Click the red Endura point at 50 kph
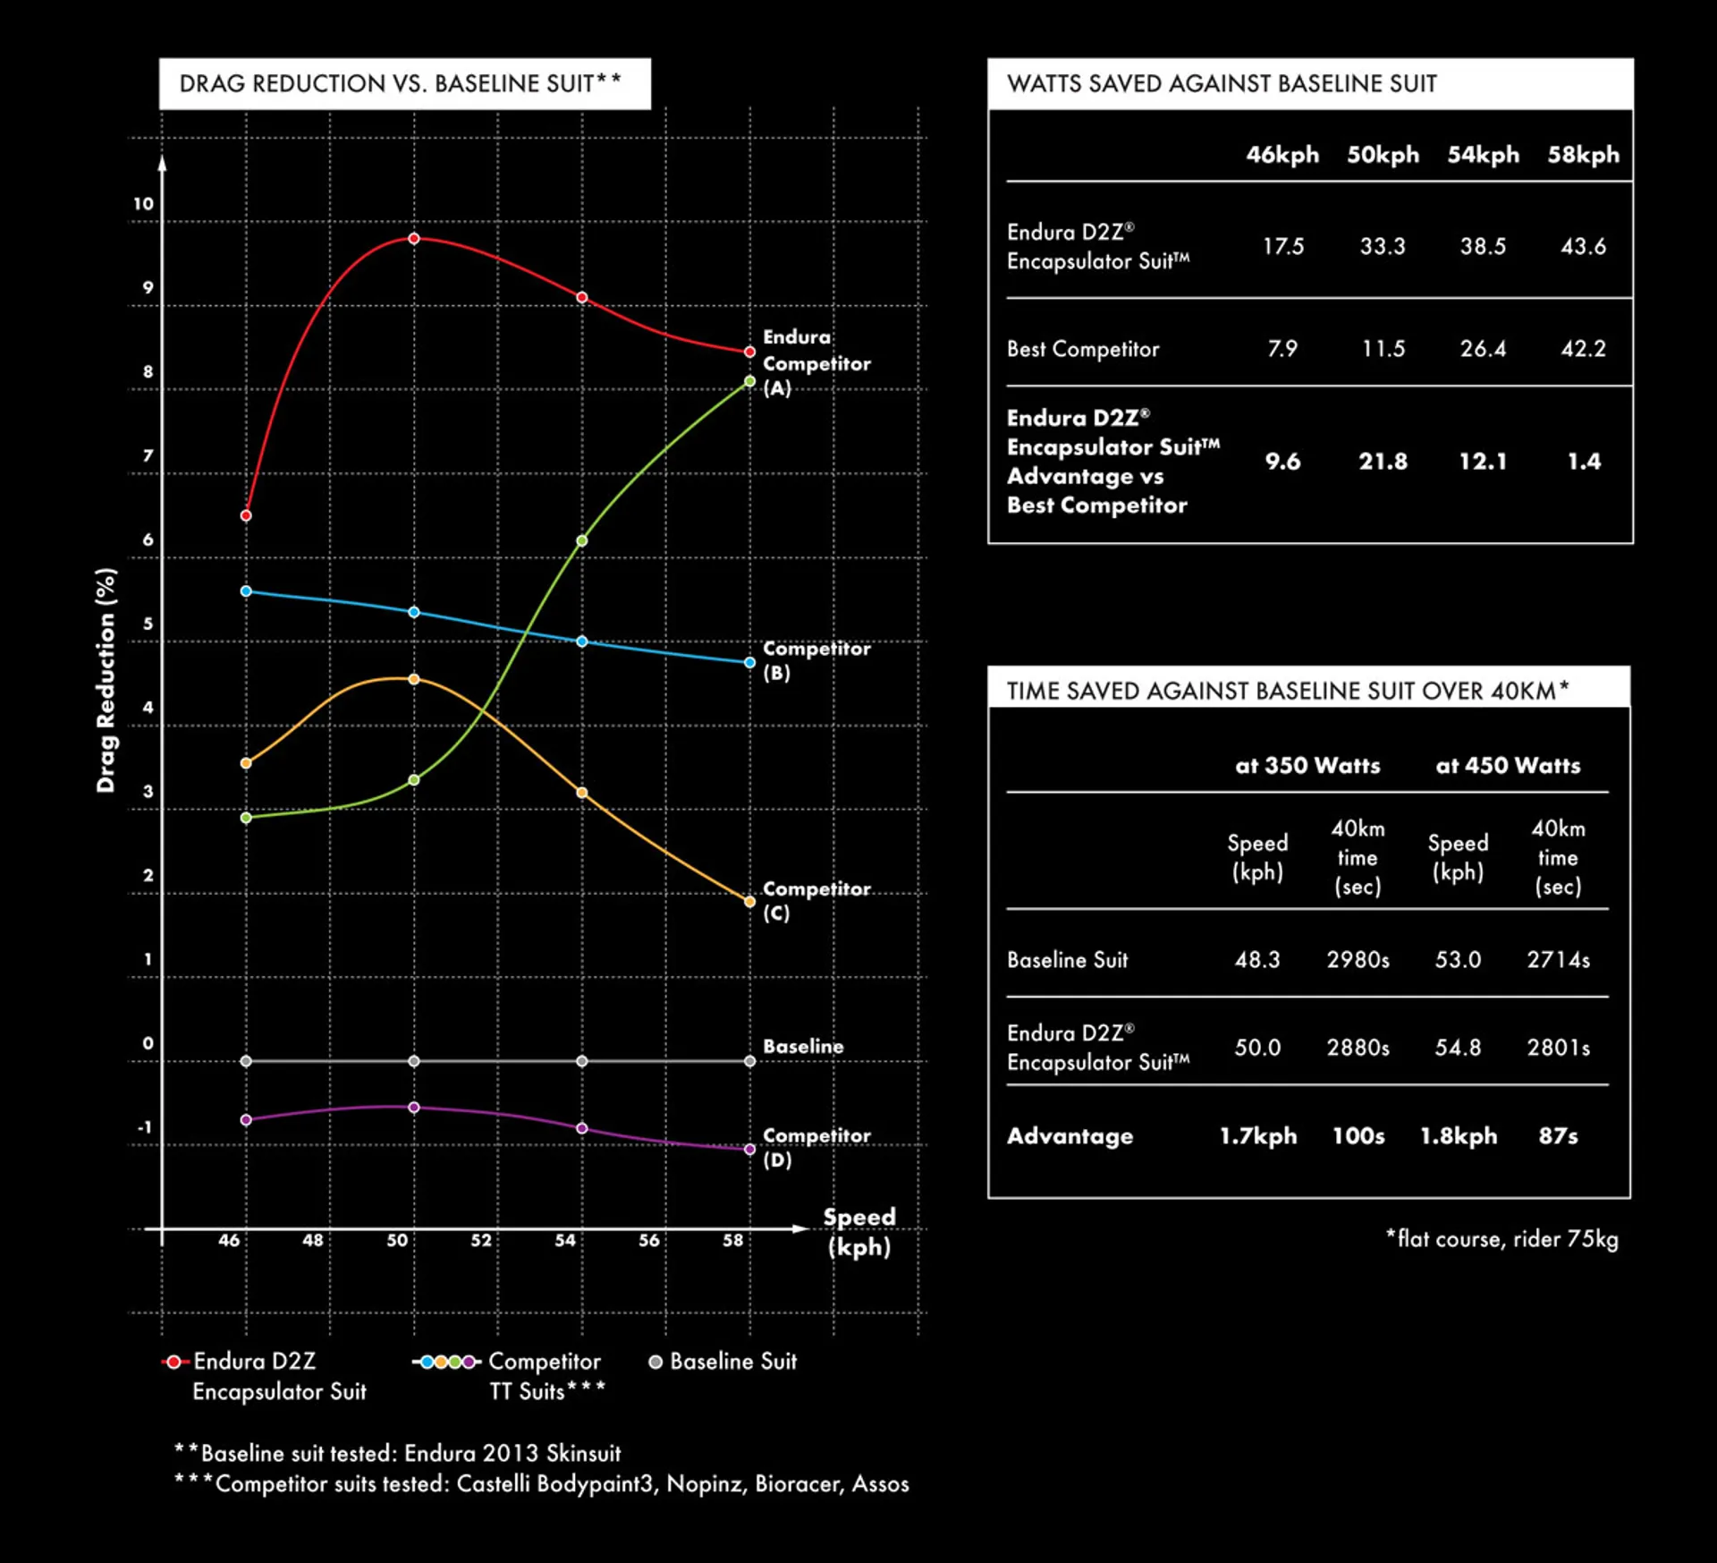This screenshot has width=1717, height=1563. pos(414,239)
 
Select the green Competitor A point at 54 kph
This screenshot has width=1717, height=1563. pos(582,540)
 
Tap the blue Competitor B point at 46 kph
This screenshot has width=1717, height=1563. pos(246,591)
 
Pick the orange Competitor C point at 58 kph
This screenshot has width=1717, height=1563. pos(750,902)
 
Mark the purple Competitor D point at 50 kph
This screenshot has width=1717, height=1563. pos(414,1108)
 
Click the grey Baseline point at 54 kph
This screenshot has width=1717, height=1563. pos(582,1061)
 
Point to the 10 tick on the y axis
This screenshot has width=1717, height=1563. pos(144,204)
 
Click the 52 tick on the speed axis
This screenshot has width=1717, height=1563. pos(481,1240)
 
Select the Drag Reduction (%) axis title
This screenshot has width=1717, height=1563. pos(106,680)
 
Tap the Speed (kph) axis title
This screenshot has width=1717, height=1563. pos(858,1231)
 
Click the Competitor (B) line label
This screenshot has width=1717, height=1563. pos(816,660)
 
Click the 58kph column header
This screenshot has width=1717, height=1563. pos(1583,155)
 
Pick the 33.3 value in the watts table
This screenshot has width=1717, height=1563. pos(1383,246)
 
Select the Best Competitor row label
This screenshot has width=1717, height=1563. pos(1083,349)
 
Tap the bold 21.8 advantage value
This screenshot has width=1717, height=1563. pos(1383,462)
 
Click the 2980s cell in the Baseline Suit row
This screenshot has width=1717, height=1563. pos(1358,960)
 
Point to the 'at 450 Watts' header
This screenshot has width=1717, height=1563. pos(1508,766)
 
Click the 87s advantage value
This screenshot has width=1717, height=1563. pos(1558,1136)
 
